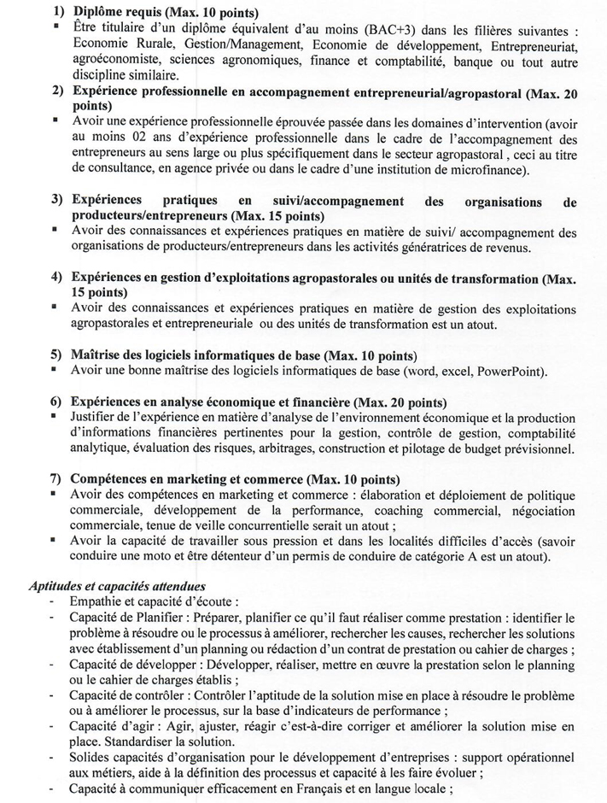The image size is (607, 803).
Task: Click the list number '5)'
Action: click(56, 355)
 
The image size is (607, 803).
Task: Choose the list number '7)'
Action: click(56, 480)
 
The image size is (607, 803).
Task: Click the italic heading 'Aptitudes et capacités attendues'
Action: click(116, 587)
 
